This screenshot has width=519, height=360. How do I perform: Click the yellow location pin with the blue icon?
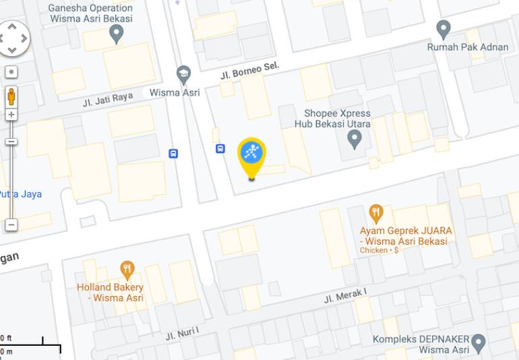coord(252,154)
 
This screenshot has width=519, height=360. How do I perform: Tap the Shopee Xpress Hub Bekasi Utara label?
coord(328,119)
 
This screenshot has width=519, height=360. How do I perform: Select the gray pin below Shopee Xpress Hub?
coord(354,139)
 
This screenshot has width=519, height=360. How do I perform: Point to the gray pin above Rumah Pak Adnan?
coord(443,29)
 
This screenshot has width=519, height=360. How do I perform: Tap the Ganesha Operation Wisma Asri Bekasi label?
coord(90,13)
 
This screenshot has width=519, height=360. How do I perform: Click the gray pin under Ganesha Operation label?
coord(117,33)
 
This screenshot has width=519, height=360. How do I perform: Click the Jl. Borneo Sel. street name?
coord(249,70)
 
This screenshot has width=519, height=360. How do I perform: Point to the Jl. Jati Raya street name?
coord(108,100)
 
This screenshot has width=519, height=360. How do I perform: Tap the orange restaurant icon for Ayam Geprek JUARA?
coord(376,214)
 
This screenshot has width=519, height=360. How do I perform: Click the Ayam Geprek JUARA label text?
coord(406,235)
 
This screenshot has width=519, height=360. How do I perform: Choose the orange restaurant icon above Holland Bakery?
coord(127,270)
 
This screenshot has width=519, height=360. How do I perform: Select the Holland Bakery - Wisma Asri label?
coord(110,293)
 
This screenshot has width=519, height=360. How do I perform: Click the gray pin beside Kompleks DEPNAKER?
coord(479,342)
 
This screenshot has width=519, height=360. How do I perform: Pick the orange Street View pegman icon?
coord(11,96)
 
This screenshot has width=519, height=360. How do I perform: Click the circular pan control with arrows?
coord(13,38)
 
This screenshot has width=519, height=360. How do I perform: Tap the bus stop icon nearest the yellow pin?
coord(220,148)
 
